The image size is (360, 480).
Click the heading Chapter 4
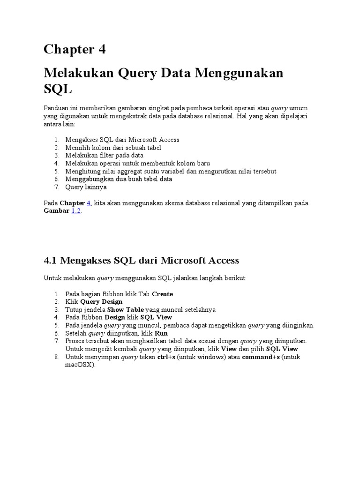coord(75,49)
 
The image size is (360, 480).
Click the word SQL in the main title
coord(59,89)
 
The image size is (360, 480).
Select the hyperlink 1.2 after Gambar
coord(76,211)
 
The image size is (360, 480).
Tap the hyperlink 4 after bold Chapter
coord(89,203)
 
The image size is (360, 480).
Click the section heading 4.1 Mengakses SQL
coord(141,260)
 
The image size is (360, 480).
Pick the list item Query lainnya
coord(86,187)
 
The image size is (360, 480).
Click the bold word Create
coord(163,294)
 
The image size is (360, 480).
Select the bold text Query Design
coord(102,302)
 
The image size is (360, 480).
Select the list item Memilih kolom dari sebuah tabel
coord(113,148)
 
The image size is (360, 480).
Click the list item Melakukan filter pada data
coord(104,155)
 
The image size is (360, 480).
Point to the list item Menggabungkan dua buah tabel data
coord(119,179)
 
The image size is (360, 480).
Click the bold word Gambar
coord(56,211)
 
